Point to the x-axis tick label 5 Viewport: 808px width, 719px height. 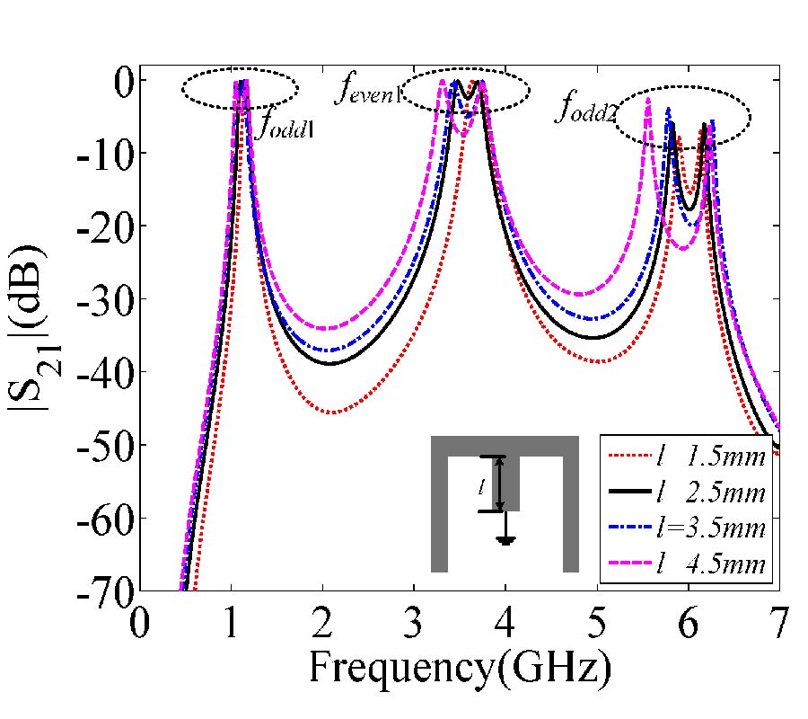click(x=597, y=623)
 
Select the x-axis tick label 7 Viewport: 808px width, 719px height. click(x=778, y=623)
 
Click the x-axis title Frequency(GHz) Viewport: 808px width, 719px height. click(x=461, y=666)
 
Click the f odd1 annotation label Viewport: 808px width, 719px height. click(x=286, y=126)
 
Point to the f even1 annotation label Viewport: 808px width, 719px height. click(x=367, y=91)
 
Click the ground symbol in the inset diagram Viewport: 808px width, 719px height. click(x=506, y=540)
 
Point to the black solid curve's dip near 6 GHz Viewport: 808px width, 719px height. click(x=689, y=209)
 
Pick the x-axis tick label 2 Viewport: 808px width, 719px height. click(x=322, y=623)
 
